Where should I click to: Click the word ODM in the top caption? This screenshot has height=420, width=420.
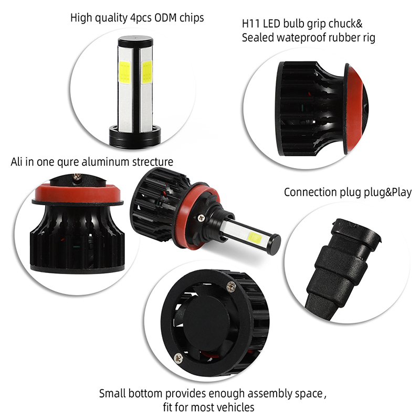[x=162, y=18]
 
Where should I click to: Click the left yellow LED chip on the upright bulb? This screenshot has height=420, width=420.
[x=124, y=72]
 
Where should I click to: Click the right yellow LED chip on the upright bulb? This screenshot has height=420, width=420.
[x=146, y=72]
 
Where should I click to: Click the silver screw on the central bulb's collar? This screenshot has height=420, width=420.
[x=201, y=218]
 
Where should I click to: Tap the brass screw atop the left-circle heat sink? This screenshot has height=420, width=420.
[x=77, y=177]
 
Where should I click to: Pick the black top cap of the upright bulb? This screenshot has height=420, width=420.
[x=135, y=41]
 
